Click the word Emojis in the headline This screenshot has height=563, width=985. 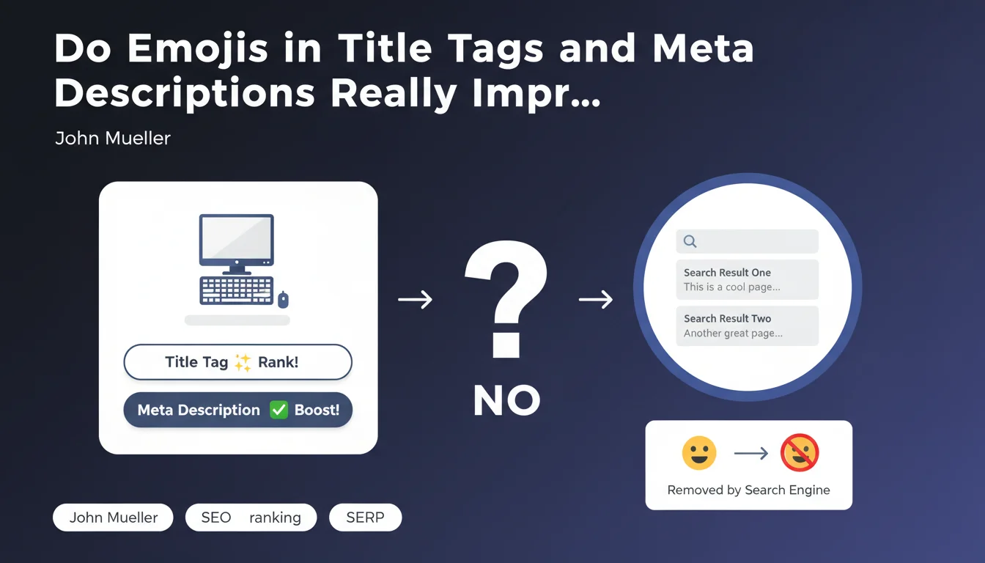tap(197, 49)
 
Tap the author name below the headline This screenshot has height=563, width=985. tap(113, 138)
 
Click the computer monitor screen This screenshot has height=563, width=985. tap(237, 238)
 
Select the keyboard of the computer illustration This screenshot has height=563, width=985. tap(237, 290)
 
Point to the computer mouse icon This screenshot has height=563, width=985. tap(283, 300)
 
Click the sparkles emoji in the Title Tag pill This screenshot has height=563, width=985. tap(243, 362)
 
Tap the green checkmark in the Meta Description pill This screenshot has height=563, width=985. tap(278, 410)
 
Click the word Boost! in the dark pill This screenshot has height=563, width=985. tap(317, 410)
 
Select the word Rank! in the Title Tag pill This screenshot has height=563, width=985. tap(278, 362)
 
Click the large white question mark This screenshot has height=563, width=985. tap(506, 299)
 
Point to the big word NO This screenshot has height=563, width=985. tap(506, 400)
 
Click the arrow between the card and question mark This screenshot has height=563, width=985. tap(415, 300)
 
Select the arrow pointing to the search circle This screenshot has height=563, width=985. tap(596, 300)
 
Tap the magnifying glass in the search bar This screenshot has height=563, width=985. tap(690, 241)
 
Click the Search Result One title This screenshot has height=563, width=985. tap(727, 273)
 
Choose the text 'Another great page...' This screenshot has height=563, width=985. tap(733, 334)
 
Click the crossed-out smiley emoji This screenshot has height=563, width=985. tap(800, 452)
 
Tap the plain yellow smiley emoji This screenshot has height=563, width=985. tap(699, 453)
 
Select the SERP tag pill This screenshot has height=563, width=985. tap(366, 518)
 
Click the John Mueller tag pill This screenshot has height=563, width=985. tap(113, 518)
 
